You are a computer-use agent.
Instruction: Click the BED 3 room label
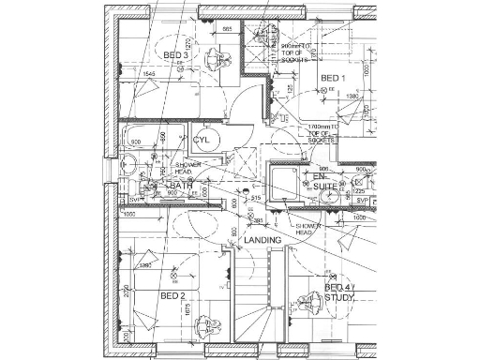[176, 55]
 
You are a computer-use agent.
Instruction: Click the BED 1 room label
[334, 77]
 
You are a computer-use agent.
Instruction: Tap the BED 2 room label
[171, 296]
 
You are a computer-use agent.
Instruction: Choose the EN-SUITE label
[323, 182]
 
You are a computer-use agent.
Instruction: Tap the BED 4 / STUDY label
[337, 292]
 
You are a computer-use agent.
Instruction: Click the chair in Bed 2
[202, 327]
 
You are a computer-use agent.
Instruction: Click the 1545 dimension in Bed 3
[148, 73]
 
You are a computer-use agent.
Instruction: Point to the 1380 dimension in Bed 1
[353, 97]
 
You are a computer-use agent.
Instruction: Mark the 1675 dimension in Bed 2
[187, 309]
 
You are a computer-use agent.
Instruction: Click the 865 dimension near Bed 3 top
[227, 30]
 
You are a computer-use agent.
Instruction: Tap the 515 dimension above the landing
[254, 198]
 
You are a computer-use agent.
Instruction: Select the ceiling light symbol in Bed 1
[325, 89]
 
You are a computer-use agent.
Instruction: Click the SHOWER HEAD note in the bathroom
[184, 169]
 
